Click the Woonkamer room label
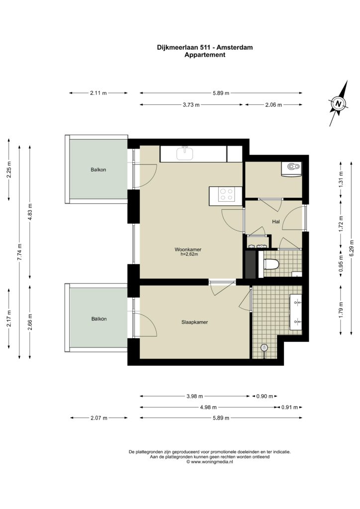(188, 250)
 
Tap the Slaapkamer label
(194, 322)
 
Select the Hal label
(276, 222)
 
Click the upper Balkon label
(98, 170)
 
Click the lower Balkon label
(99, 319)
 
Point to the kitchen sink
(184, 153)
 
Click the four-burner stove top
(226, 194)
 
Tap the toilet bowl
(271, 264)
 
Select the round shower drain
(265, 347)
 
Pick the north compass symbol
(338, 103)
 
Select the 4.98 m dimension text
(208, 407)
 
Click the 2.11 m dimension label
(98, 93)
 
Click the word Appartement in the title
(205, 55)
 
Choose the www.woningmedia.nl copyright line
(210, 462)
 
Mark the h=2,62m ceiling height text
(189, 254)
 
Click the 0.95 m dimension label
(341, 264)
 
